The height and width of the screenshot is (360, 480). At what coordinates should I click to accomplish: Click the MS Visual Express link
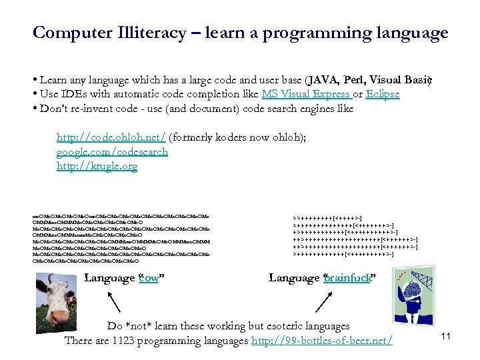pos(305,94)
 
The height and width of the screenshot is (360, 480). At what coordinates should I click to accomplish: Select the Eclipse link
pos(383,94)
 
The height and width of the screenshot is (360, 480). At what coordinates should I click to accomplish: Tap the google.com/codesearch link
pos(112,151)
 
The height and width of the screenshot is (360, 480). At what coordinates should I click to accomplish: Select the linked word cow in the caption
pos(148,278)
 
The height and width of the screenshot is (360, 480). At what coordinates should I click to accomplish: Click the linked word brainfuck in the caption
pos(347,278)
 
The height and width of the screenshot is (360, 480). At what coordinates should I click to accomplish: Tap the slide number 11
pos(446,336)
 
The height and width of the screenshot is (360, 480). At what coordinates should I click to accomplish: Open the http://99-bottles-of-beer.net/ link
pos(321,341)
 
